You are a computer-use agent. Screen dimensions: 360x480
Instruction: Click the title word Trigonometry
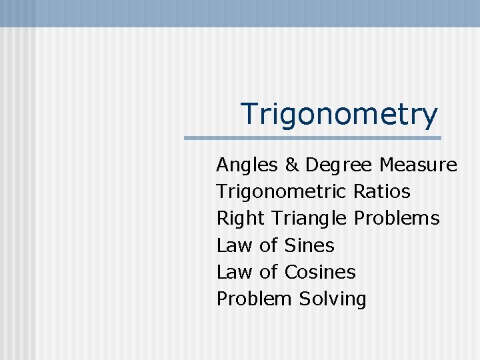click(339, 114)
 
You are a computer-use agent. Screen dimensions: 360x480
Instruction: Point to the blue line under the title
click(312, 138)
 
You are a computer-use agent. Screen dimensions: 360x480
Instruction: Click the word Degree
click(339, 165)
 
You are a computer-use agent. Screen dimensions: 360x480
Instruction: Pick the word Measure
click(418, 165)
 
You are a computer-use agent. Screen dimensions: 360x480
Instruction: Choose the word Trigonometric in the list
click(281, 192)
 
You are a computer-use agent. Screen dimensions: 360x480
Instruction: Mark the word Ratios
click(381, 192)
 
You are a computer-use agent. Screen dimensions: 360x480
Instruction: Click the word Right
click(241, 219)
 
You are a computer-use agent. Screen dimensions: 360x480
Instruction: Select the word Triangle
click(310, 219)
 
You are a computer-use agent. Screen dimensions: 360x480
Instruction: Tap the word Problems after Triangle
click(397, 219)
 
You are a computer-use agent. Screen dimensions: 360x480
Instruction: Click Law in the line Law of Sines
click(234, 245)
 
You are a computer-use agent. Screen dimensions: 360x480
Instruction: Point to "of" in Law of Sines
click(268, 245)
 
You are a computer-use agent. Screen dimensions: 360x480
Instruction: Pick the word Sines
click(309, 245)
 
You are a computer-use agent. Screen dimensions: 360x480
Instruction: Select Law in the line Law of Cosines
click(234, 272)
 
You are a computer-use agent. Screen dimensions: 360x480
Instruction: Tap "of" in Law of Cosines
click(268, 272)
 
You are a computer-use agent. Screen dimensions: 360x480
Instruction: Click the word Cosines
click(320, 272)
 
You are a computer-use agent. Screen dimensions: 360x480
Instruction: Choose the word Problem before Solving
click(254, 299)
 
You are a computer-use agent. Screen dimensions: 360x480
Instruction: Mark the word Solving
click(333, 299)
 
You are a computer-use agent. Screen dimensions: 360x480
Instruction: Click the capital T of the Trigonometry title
click(249, 114)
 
